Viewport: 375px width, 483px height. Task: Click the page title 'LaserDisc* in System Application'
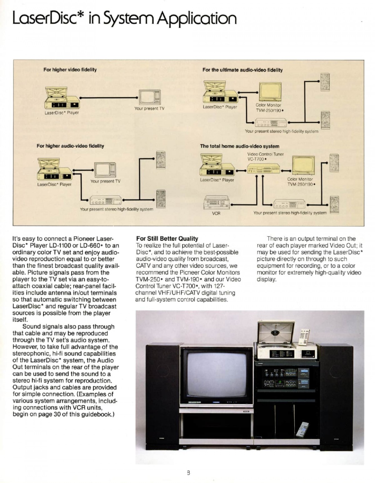(x=124, y=19)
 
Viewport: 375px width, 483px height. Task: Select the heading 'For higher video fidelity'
(x=70, y=70)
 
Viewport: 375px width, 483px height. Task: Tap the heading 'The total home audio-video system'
(x=240, y=146)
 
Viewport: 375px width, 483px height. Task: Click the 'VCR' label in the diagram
(x=216, y=213)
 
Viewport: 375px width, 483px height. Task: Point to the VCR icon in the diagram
(x=217, y=202)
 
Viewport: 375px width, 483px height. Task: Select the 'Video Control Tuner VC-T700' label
(x=265, y=157)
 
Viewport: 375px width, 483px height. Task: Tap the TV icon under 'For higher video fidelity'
(x=150, y=97)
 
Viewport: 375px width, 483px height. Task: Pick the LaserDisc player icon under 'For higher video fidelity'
(x=62, y=97)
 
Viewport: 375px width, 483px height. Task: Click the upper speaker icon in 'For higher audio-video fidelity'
(x=161, y=160)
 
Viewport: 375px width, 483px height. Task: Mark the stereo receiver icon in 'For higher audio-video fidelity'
(x=106, y=200)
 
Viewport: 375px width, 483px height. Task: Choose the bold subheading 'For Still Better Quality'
(x=167, y=238)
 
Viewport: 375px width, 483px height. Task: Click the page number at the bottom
(x=188, y=473)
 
